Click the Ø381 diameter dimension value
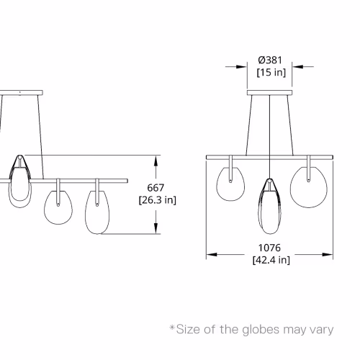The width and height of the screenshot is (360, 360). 270,60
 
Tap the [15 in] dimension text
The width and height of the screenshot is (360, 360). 271,72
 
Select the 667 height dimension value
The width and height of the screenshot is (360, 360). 156,188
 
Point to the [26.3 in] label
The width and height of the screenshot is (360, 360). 158,200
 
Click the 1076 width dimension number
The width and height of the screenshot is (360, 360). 269,248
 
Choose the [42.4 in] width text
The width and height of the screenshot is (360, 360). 271,260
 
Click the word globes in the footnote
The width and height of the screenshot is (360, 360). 261,330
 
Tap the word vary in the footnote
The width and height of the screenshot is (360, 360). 322,330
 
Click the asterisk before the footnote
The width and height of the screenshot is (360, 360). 172,328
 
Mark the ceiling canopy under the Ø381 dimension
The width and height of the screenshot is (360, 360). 270,93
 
